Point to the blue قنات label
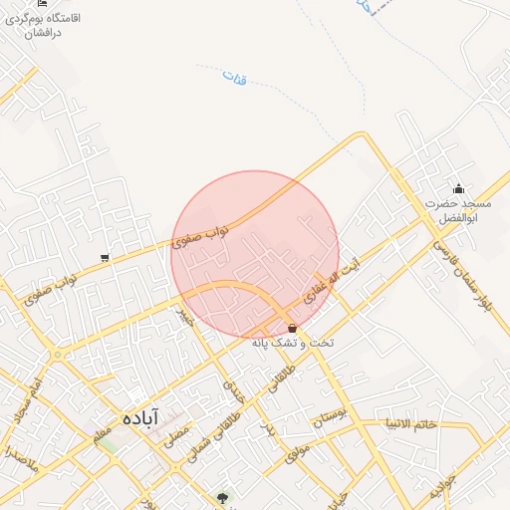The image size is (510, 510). (x=234, y=77)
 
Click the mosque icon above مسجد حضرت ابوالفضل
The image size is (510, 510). (x=458, y=189)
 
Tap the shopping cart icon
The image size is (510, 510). (x=105, y=259)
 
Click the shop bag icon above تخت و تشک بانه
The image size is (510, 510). (x=291, y=328)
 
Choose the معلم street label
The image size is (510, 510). (x=100, y=430)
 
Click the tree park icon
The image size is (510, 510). (x=222, y=497)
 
